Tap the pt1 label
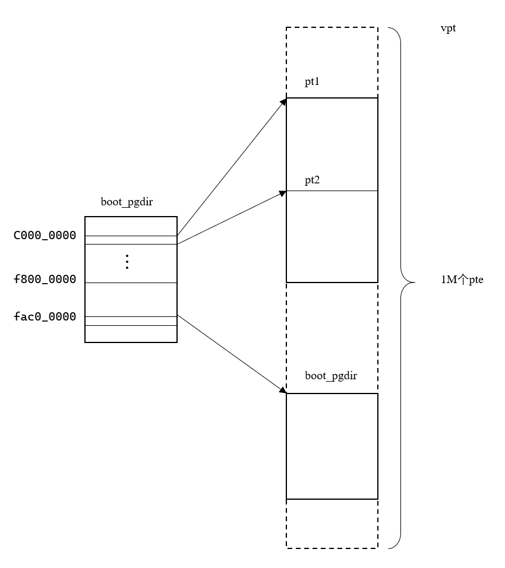coord(313,82)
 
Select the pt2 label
coord(313,179)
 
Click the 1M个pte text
coord(458,281)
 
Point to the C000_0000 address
coord(45,236)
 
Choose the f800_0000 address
coord(45,279)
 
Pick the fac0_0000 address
coord(45,317)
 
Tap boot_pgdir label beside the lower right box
coord(331,376)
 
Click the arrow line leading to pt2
coord(232,217)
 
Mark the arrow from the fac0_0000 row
coord(232,354)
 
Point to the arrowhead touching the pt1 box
coord(283,101)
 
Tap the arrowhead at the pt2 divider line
coord(282,192)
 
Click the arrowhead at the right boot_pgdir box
coord(283,391)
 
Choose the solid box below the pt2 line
coord(332,236)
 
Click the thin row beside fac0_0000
coord(131,321)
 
